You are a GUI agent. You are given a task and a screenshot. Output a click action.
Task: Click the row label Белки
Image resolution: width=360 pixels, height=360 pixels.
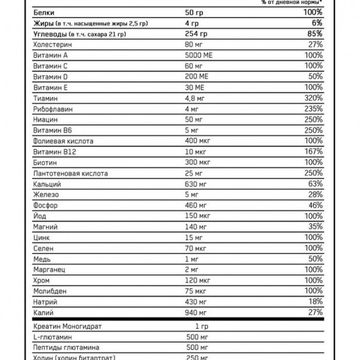click(43, 12)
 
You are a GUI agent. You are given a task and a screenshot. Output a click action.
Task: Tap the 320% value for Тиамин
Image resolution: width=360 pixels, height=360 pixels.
click(313, 98)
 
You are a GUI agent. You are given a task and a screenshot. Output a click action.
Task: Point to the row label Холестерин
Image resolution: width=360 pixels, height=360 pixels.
click(52, 45)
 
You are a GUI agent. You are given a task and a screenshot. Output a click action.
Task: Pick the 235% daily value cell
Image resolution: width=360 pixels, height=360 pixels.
click(313, 109)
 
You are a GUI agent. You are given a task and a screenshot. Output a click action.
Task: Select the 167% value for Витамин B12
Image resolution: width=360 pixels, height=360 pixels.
click(313, 152)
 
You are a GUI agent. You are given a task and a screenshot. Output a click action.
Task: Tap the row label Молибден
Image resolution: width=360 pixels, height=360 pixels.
click(50, 291)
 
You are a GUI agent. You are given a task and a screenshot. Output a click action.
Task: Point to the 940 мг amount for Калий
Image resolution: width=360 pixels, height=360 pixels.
click(196, 312)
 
